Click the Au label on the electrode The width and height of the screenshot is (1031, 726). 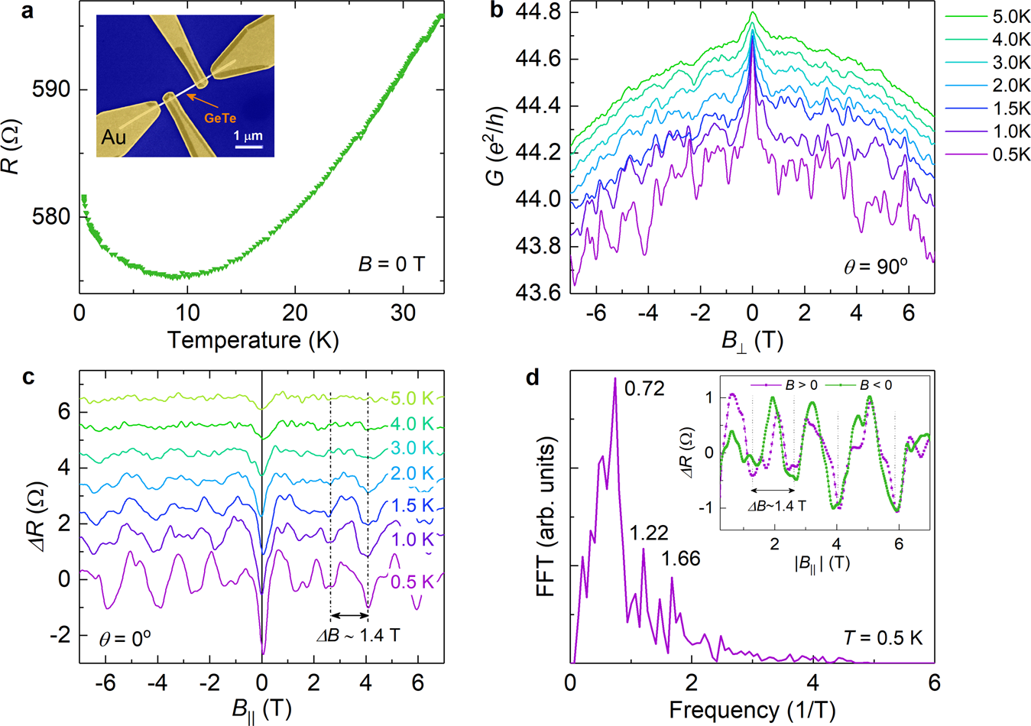pos(114,138)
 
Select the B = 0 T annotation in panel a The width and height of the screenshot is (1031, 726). pos(391,265)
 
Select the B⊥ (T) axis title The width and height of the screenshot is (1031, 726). pos(752,339)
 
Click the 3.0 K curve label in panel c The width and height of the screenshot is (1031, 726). pos(412,447)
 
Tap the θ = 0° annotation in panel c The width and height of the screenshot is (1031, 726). pos(125,637)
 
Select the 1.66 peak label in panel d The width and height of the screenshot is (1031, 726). pos(681,559)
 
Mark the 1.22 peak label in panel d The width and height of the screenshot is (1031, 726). pos(649,533)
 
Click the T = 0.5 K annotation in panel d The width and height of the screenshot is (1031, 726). pos(883,637)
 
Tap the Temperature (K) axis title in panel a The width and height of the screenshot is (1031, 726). pos(253,339)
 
